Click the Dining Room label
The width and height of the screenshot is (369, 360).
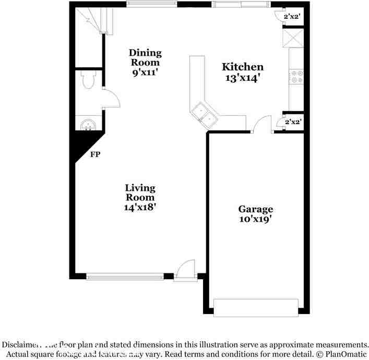tap(145, 57)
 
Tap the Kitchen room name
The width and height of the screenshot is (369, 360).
tap(243, 67)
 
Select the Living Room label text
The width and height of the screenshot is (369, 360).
tap(140, 193)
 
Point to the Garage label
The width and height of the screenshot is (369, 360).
tap(256, 209)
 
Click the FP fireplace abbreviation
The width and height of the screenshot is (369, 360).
tap(96, 154)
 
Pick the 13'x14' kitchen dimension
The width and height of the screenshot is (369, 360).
tap(242, 78)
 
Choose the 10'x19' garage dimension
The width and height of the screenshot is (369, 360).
tap(255, 220)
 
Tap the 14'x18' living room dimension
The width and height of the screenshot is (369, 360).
tap(139, 207)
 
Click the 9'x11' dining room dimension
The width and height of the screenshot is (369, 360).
tap(145, 73)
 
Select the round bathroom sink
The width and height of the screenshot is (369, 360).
tap(87, 124)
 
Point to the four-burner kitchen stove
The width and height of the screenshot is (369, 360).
tap(296, 77)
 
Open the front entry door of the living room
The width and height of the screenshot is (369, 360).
tap(185, 271)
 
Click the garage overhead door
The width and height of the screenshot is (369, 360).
tap(256, 307)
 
